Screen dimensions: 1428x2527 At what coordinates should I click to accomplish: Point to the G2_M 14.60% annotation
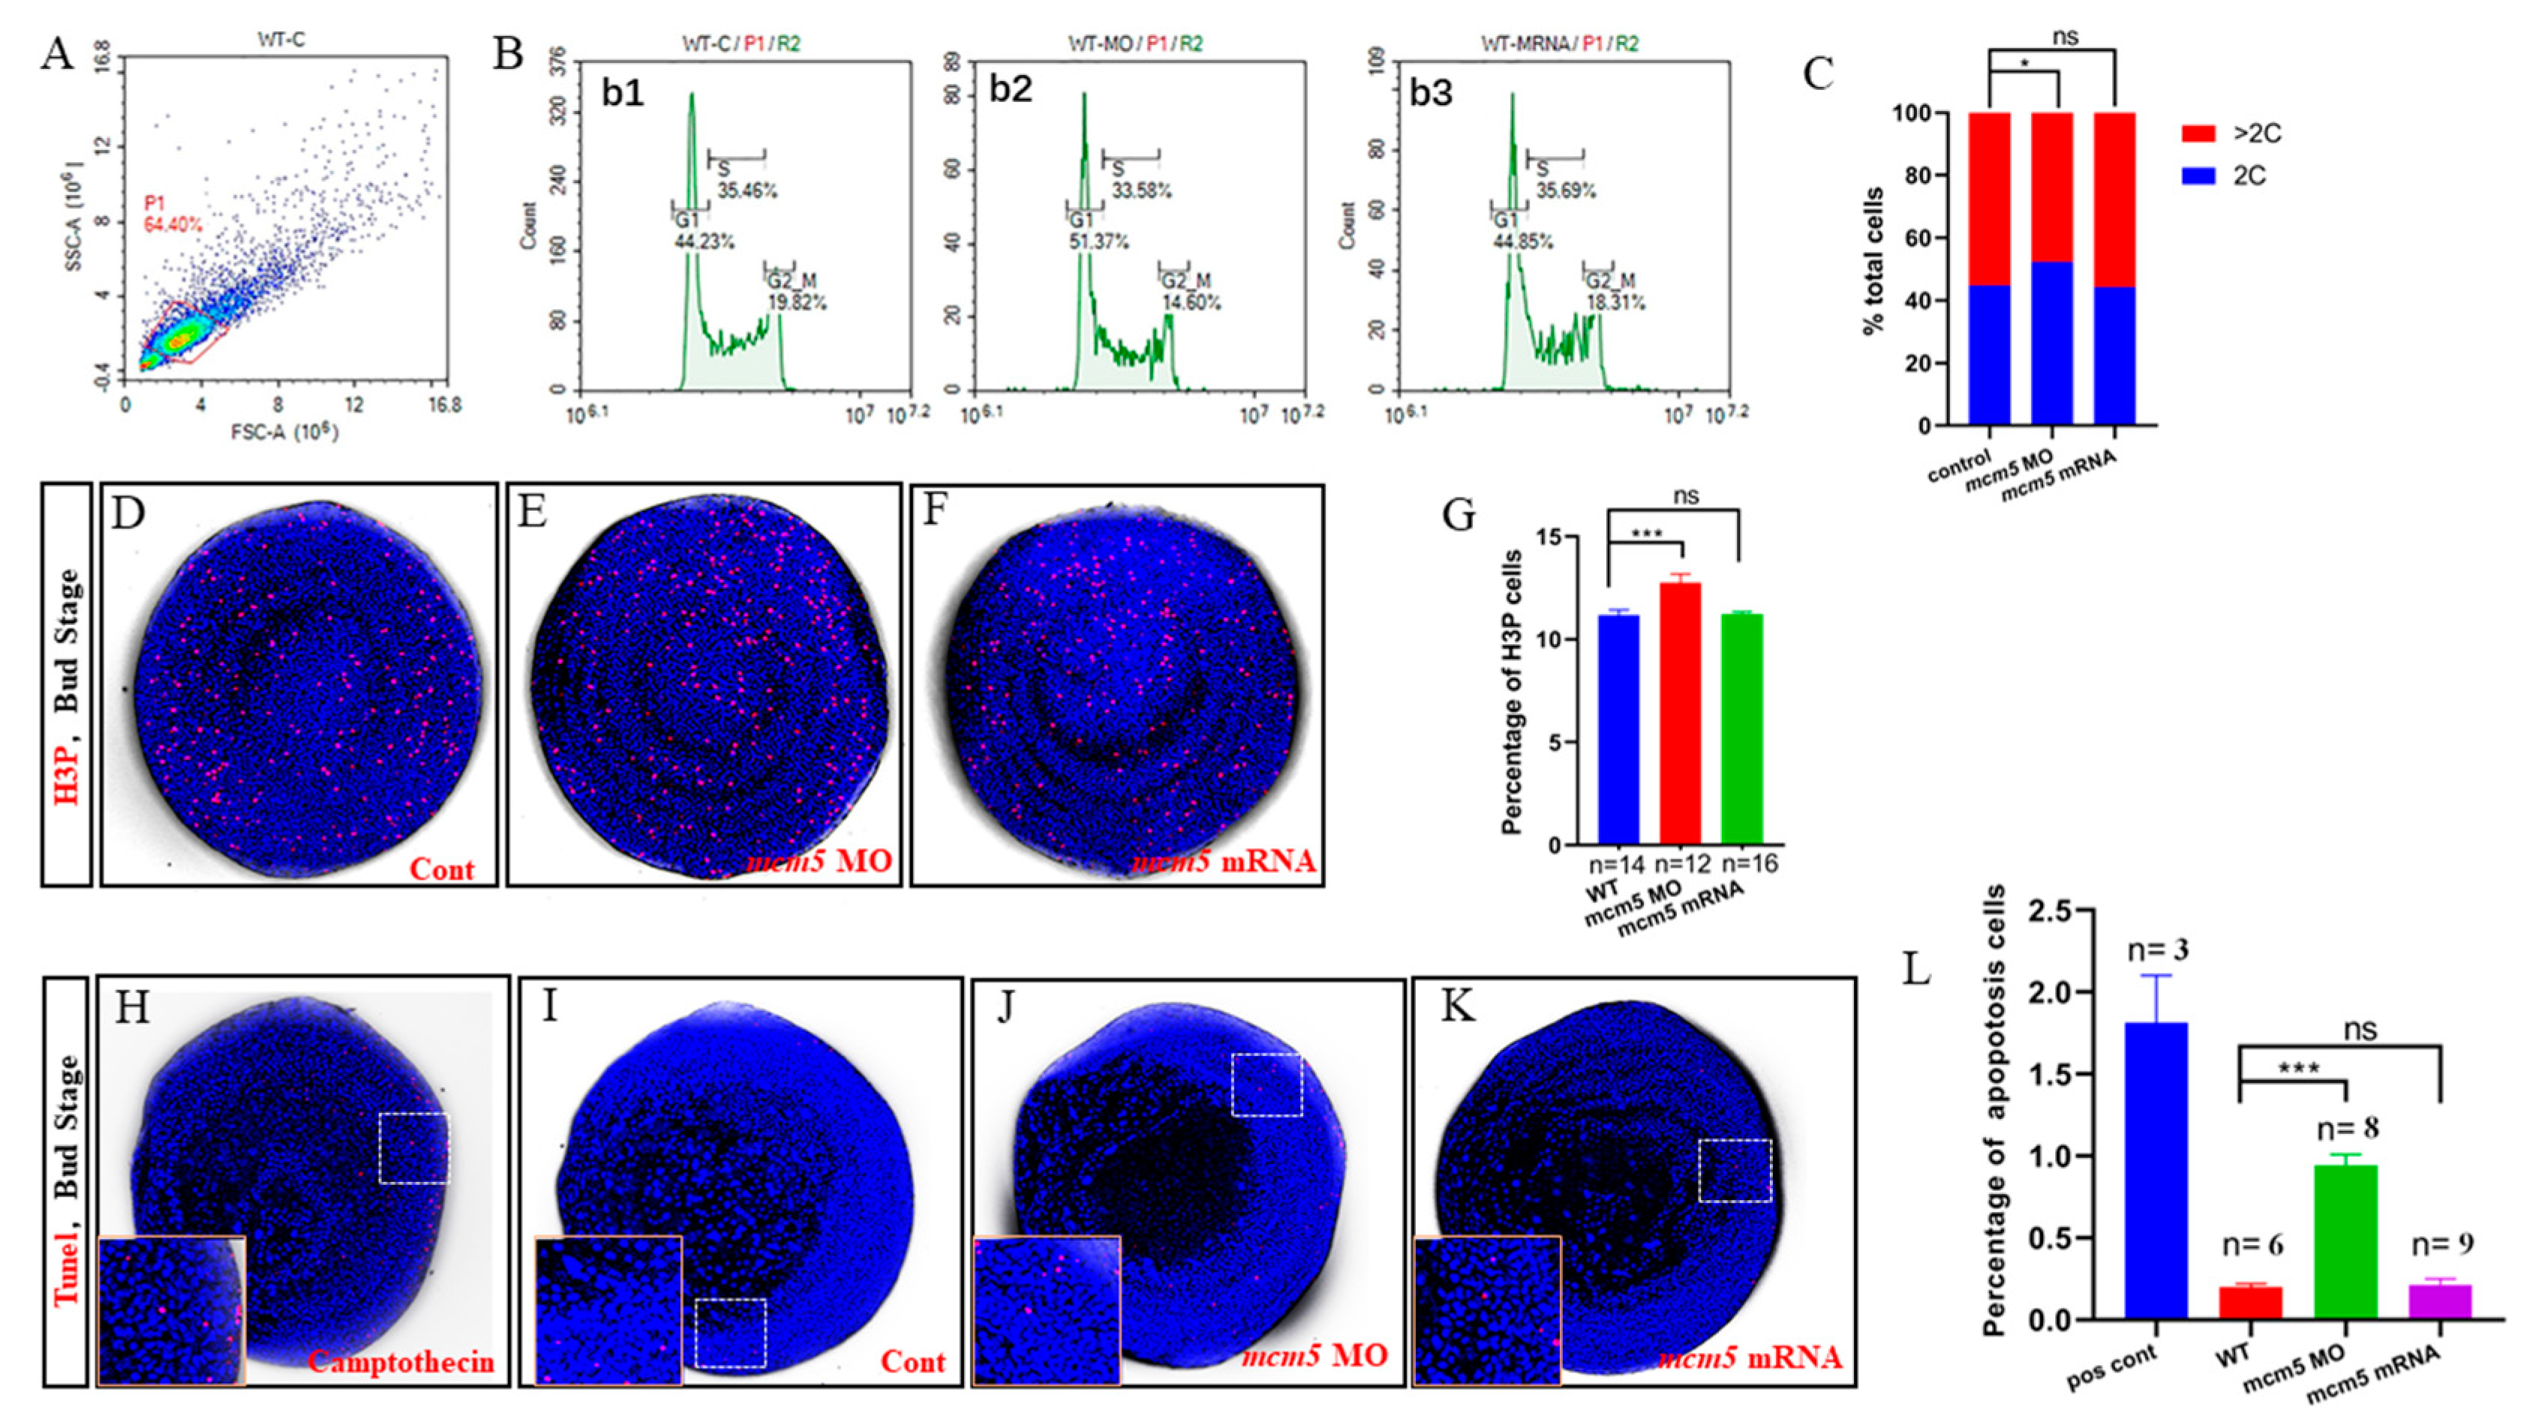pos(1191,292)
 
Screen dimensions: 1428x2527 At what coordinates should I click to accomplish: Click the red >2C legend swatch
pos(2198,133)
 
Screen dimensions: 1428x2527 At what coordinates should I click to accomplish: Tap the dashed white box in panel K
pos(1735,1170)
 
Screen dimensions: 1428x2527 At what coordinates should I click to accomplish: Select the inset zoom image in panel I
pos(608,1309)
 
